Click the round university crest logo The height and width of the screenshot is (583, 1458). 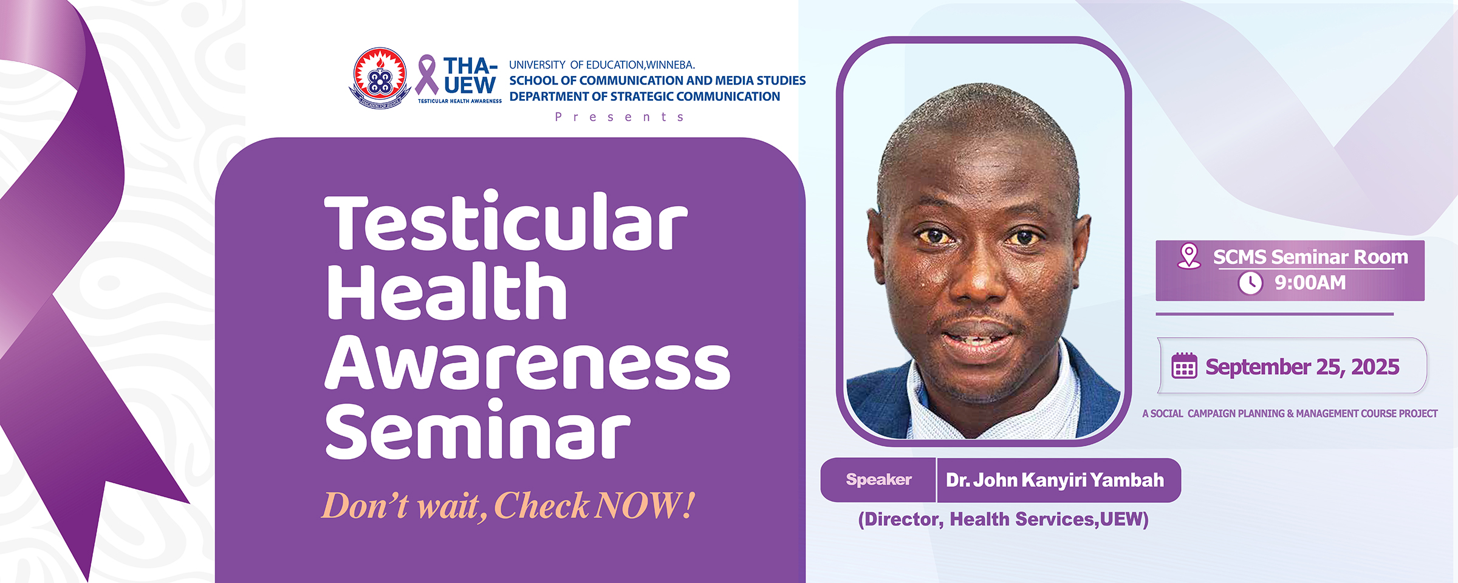pos(380,78)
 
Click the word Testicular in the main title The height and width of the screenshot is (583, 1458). pos(505,222)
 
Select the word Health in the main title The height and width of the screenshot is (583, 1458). pos(447,292)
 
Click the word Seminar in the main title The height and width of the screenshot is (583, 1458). pos(477,431)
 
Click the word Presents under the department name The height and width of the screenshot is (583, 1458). pos(620,117)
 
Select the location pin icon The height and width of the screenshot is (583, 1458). pos(1188,256)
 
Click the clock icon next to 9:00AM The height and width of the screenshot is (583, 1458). pos(1250,283)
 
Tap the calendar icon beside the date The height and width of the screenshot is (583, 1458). pos(1184,366)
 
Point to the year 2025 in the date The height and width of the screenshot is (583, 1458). pos(1375,367)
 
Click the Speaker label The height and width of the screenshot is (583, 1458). pos(878,480)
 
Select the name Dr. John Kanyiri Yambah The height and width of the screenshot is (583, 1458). pos(1055,480)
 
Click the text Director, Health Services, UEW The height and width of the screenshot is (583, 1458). pos(1003,519)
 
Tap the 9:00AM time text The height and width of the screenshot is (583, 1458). pos(1310,283)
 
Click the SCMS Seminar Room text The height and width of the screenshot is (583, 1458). pos(1310,257)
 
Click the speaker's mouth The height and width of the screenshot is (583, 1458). pos(977,336)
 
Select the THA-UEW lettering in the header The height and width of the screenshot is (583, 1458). pos(470,75)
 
